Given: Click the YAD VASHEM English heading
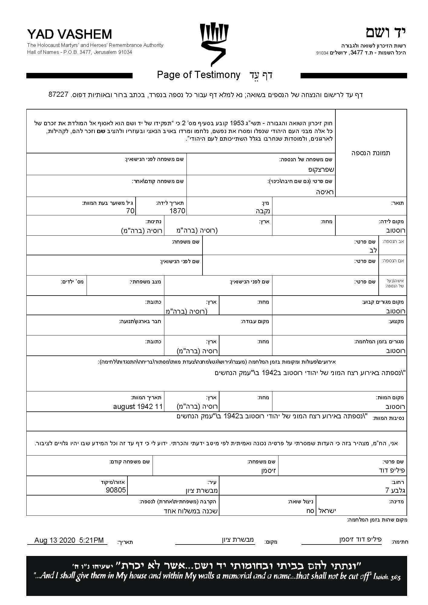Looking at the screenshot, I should click(x=70, y=34).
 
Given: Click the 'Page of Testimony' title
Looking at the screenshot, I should click(x=199, y=75).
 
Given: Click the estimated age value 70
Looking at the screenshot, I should click(x=130, y=211).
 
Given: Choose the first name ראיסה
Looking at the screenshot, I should click(x=325, y=192).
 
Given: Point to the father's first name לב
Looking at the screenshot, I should click(x=373, y=250).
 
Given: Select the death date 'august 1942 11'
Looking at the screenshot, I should click(x=138, y=406).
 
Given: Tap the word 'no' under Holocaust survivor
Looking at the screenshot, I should click(x=310, y=511).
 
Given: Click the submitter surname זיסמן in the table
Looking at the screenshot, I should click(x=268, y=471).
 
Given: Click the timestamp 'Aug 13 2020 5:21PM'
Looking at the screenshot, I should click(x=69, y=540).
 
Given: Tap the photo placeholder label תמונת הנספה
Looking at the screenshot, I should click(x=371, y=153).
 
